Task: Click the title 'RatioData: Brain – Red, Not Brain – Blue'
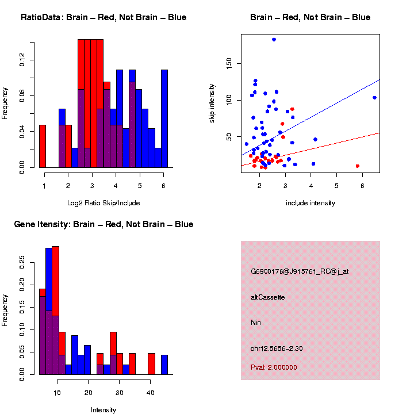tap(103, 17)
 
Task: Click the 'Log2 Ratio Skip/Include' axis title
tap(103, 203)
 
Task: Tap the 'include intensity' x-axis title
tap(310, 203)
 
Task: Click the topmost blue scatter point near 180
tap(274, 40)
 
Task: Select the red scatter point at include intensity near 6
tap(358, 166)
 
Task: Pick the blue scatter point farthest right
tap(374, 98)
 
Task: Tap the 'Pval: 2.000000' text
tap(274, 367)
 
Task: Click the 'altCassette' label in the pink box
tap(268, 297)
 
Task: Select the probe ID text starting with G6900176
tap(300, 271)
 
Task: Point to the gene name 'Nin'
tap(256, 323)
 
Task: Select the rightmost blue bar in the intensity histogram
tap(164, 365)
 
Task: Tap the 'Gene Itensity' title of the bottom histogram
tap(103, 224)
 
